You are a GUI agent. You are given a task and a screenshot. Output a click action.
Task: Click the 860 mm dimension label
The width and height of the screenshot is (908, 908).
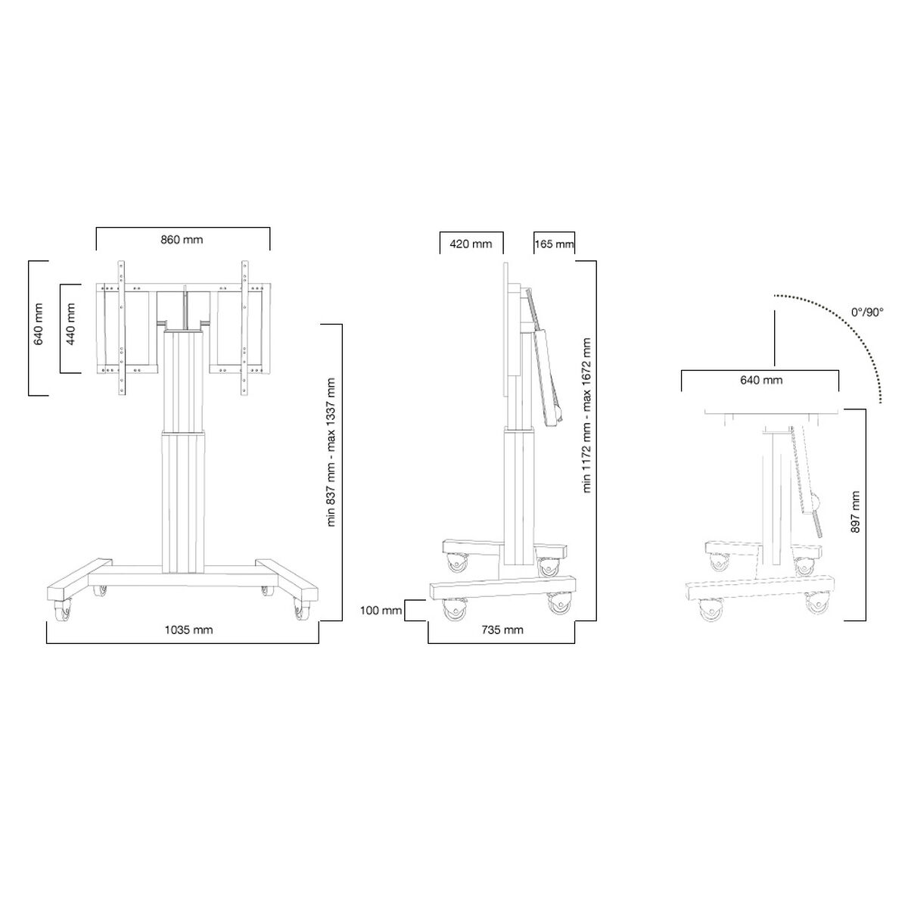click(182, 240)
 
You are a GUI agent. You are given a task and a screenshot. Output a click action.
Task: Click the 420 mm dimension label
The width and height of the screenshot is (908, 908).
click(471, 244)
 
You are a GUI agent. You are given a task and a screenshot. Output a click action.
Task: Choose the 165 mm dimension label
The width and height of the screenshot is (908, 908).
click(554, 244)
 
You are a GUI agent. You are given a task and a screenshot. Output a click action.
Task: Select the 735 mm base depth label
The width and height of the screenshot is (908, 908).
click(502, 630)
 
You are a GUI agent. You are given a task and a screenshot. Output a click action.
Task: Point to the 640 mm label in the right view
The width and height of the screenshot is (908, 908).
click(760, 380)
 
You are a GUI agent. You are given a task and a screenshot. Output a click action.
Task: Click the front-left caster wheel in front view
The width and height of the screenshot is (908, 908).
click(62, 609)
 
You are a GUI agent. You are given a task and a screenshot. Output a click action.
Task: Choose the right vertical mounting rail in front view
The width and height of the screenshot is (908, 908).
click(244, 327)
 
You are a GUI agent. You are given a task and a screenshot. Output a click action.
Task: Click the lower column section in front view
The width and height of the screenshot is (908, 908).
click(182, 499)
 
